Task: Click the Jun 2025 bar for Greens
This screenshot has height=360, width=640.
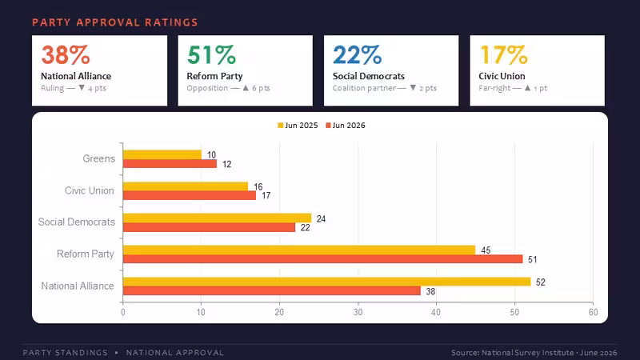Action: (162, 154)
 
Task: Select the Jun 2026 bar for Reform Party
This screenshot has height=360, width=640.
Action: (323, 259)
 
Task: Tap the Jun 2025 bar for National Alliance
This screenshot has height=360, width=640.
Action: (327, 282)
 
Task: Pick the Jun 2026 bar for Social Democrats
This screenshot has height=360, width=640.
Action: (209, 227)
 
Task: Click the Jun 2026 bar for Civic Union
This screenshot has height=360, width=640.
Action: (190, 195)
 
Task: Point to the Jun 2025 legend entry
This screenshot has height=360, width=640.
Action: (298, 126)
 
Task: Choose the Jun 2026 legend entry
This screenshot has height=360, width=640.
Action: (346, 126)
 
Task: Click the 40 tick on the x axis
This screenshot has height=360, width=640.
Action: (436, 312)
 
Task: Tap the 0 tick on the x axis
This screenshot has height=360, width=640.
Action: (123, 312)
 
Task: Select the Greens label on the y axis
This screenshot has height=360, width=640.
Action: (98, 158)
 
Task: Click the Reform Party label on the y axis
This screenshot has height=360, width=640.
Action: (86, 254)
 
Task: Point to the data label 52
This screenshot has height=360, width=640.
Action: (541, 282)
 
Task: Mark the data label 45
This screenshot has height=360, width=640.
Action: (486, 250)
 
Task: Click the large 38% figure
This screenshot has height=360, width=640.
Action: (66, 55)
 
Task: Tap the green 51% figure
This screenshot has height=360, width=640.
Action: (211, 55)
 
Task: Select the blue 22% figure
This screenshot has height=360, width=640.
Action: (357, 55)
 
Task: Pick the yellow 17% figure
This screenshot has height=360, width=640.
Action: (503, 55)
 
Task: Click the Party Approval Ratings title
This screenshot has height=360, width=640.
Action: (115, 22)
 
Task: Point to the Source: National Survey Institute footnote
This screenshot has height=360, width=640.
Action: (534, 353)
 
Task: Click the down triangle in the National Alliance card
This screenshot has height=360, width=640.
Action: (82, 88)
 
